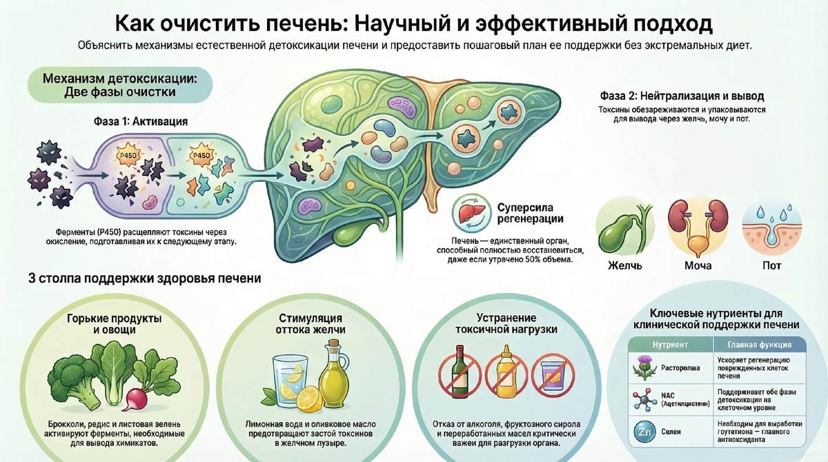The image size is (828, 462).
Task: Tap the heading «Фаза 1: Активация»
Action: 140,121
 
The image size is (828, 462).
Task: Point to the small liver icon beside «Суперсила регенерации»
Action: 472,211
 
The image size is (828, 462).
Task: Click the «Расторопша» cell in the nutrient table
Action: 680,368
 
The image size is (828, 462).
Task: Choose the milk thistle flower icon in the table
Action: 642,367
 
